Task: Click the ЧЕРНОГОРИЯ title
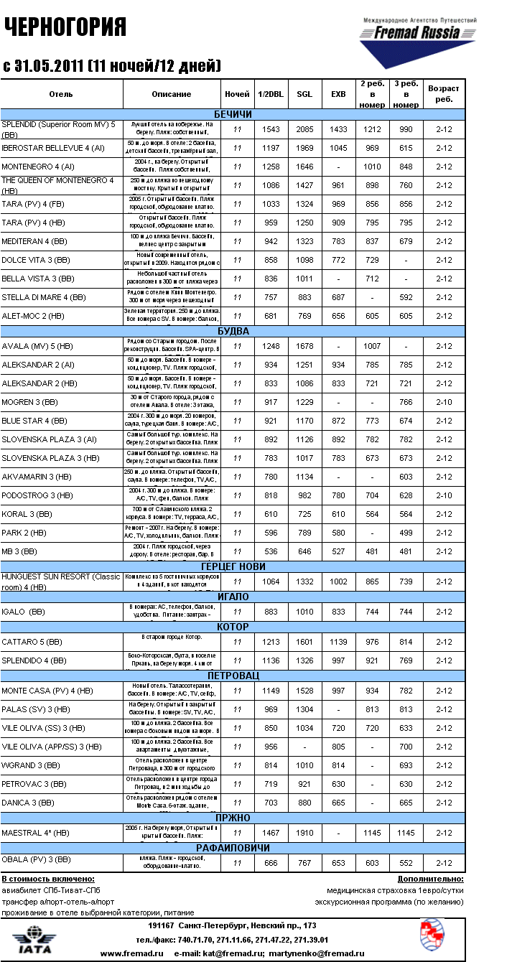point(65,27)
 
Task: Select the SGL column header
point(304,94)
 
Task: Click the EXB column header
point(338,94)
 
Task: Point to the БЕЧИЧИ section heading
point(233,115)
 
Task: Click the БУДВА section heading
point(233,331)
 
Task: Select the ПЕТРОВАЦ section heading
point(233,676)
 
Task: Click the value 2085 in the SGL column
point(304,129)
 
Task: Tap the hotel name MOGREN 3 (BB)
point(30,402)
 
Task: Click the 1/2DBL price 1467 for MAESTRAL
point(271,833)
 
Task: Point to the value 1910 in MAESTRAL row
point(304,833)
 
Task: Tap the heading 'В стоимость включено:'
point(48,879)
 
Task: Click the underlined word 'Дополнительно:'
point(430,879)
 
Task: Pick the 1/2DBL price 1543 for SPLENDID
point(271,129)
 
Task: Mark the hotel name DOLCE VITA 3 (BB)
point(37,260)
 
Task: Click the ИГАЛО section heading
point(233,597)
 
